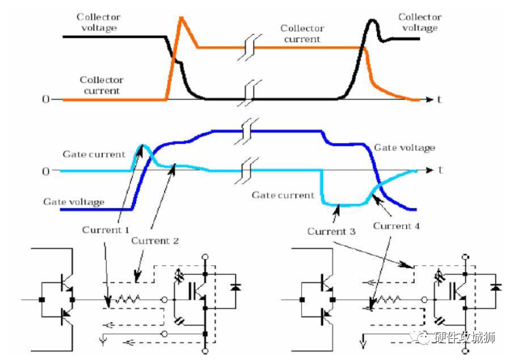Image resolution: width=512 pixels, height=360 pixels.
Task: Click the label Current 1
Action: point(106,230)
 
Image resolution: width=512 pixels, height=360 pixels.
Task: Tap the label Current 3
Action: point(331,232)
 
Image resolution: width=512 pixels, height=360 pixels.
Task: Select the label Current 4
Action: point(397,226)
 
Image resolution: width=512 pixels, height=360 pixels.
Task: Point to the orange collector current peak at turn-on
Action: point(182,18)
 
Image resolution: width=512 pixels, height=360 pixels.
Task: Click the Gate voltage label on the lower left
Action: point(74,202)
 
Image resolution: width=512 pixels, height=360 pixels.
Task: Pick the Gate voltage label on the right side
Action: point(405,148)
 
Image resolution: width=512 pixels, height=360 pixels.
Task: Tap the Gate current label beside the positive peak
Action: point(94,154)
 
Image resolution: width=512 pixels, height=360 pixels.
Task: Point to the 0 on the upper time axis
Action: point(45,99)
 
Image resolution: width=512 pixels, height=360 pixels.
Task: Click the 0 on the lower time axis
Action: point(45,171)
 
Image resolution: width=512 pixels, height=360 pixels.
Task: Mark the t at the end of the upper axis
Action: point(439,99)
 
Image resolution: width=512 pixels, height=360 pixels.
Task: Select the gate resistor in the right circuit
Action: point(392,300)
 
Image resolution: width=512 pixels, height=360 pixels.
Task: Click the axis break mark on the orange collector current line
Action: point(249,47)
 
